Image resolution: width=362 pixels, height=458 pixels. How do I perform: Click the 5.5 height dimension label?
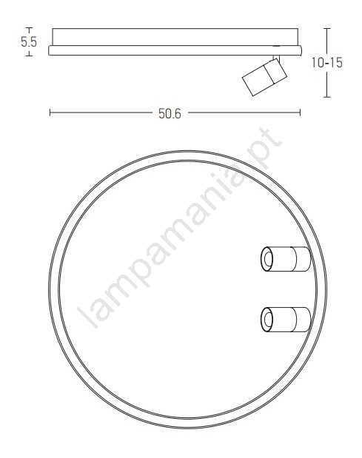point(29,41)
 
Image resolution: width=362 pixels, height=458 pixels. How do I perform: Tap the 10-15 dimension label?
point(327,63)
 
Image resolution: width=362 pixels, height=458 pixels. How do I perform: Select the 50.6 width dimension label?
point(170,113)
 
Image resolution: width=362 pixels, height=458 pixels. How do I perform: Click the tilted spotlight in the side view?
point(265,77)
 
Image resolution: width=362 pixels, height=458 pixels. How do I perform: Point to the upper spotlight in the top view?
point(286,259)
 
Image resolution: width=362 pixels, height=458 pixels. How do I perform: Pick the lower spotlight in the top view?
point(286,319)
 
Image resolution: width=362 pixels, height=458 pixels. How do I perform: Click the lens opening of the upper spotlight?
point(267,259)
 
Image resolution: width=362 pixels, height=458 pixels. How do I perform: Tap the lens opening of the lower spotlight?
point(267,319)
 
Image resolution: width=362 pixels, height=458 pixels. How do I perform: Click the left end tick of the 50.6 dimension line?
point(50,112)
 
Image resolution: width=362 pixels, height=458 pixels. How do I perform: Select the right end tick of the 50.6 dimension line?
point(300,112)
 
